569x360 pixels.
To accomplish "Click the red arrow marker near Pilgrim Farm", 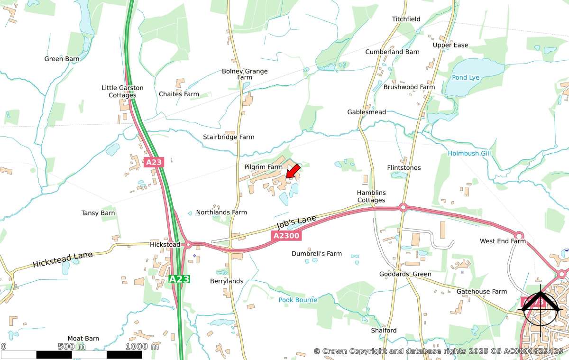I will [x=293, y=171].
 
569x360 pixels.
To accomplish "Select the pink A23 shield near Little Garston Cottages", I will [x=154, y=162].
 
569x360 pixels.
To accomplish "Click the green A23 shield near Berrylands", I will [x=179, y=279].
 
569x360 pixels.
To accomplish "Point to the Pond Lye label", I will [x=466, y=77].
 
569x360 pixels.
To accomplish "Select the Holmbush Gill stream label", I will [x=469, y=154].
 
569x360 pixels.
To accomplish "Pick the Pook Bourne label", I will [x=298, y=300].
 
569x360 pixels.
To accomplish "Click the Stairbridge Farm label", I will [x=229, y=137].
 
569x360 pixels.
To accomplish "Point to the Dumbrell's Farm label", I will [x=316, y=254].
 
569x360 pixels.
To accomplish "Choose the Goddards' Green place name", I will [x=405, y=274].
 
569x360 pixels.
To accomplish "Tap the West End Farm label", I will [x=503, y=241].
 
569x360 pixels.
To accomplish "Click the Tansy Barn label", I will [x=98, y=213].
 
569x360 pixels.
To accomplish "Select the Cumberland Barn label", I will [x=392, y=52].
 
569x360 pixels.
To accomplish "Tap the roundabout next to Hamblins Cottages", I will [x=403, y=207].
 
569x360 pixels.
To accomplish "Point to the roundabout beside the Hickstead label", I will [x=188, y=244].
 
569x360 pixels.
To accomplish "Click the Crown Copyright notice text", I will [x=438, y=351].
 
